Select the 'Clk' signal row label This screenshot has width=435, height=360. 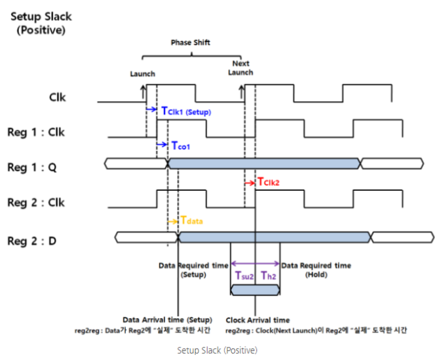click(58, 98)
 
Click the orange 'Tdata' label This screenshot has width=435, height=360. click(191, 222)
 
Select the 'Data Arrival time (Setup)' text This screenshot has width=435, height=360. click(162, 319)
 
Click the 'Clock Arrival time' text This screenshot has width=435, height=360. click(257, 319)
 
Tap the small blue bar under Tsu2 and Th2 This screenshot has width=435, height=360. click(255, 289)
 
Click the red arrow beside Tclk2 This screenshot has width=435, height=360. click(250, 182)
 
